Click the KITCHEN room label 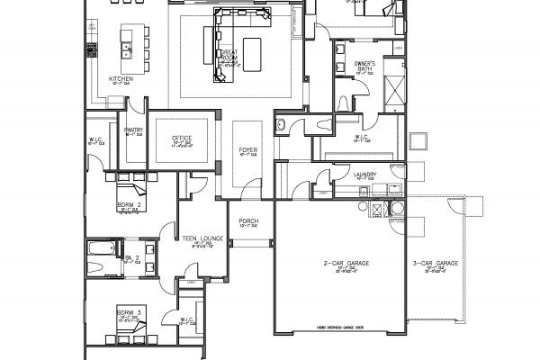coord(121,78)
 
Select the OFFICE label coord(182,138)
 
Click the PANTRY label coord(134,130)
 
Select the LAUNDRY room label coord(364,174)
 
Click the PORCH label coord(248,221)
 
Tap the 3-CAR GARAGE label coord(436,264)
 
